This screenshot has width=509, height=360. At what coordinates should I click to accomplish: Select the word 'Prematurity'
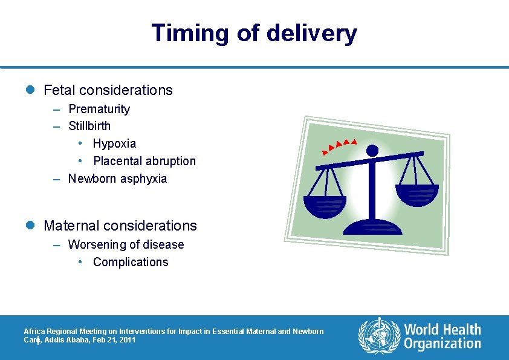pyautogui.click(x=99, y=109)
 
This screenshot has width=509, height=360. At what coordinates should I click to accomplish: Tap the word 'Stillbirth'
pyautogui.click(x=89, y=126)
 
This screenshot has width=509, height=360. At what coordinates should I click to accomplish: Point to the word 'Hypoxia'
pyautogui.click(x=114, y=144)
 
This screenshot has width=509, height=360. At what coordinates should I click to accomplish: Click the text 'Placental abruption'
pyautogui.click(x=144, y=162)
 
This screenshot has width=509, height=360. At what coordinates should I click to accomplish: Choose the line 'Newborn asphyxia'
pyautogui.click(x=117, y=179)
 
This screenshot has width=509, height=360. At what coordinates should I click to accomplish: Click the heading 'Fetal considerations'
pyautogui.click(x=108, y=90)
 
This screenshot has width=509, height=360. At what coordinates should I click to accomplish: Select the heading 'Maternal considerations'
pyautogui.click(x=120, y=226)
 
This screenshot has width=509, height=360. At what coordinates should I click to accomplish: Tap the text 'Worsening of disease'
pyautogui.click(x=126, y=244)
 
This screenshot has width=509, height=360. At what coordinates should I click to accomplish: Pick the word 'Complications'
pyautogui.click(x=131, y=262)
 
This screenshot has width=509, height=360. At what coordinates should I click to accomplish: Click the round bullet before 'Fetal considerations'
pyautogui.click(x=31, y=90)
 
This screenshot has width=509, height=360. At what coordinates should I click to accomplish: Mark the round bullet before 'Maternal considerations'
pyautogui.click(x=31, y=226)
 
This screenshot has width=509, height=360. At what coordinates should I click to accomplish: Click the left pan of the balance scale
pyautogui.click(x=325, y=206)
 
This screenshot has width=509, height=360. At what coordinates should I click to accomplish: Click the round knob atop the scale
pyautogui.click(x=372, y=150)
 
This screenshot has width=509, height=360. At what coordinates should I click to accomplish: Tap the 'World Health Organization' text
pyautogui.click(x=443, y=336)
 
